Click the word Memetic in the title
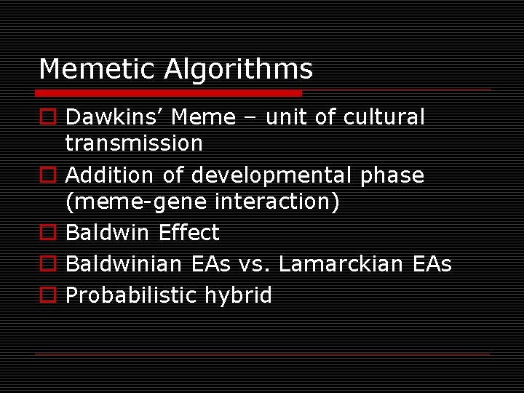(x=97, y=69)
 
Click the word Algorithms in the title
(x=238, y=70)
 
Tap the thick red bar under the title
(x=168, y=93)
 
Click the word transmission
(x=134, y=143)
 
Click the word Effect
(x=188, y=233)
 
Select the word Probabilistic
(x=131, y=295)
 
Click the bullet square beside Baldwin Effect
(x=49, y=234)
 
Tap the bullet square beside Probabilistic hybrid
(x=49, y=295)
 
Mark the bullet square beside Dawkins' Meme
(x=49, y=118)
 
